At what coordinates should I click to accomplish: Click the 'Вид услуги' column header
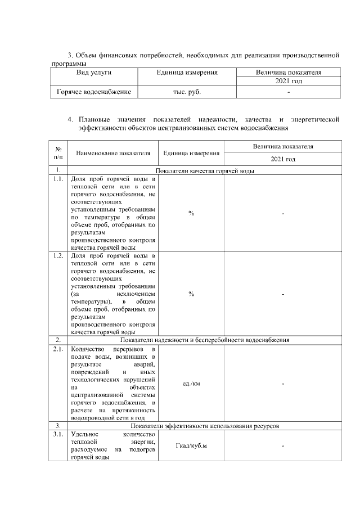click(x=93, y=73)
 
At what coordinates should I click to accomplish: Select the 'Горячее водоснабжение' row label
click(x=93, y=91)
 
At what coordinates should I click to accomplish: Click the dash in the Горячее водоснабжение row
click(x=288, y=91)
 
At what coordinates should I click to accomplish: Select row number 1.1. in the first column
click(x=58, y=179)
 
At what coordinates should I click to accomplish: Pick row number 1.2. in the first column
click(x=58, y=256)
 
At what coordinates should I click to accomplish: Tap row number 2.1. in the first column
click(x=58, y=349)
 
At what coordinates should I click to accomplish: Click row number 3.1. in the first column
click(x=58, y=434)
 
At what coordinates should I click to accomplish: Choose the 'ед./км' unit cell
click(x=191, y=384)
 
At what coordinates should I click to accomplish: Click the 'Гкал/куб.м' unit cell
click(x=191, y=446)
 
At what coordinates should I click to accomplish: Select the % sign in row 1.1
click(x=191, y=213)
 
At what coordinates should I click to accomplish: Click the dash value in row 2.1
click(x=283, y=384)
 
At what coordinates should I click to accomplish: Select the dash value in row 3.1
click(x=283, y=446)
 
